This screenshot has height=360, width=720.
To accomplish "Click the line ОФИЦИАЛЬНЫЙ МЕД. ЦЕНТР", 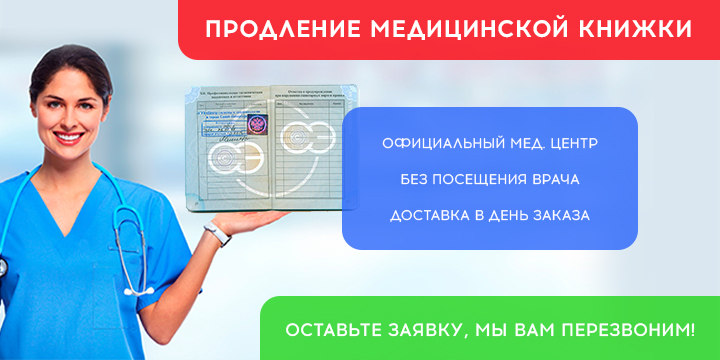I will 490,144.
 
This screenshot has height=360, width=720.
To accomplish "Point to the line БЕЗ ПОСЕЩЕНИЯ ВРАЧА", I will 490,180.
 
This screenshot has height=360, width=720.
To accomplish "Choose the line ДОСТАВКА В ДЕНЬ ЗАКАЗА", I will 490,216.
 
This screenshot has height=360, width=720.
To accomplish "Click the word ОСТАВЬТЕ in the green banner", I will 332,328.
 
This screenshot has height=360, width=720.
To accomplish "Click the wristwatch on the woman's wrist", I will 214,234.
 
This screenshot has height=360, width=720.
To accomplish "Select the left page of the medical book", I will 230,150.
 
